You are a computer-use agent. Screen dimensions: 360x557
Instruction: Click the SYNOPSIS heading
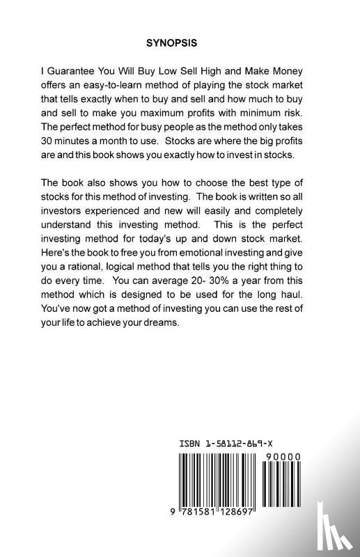tap(171, 42)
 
